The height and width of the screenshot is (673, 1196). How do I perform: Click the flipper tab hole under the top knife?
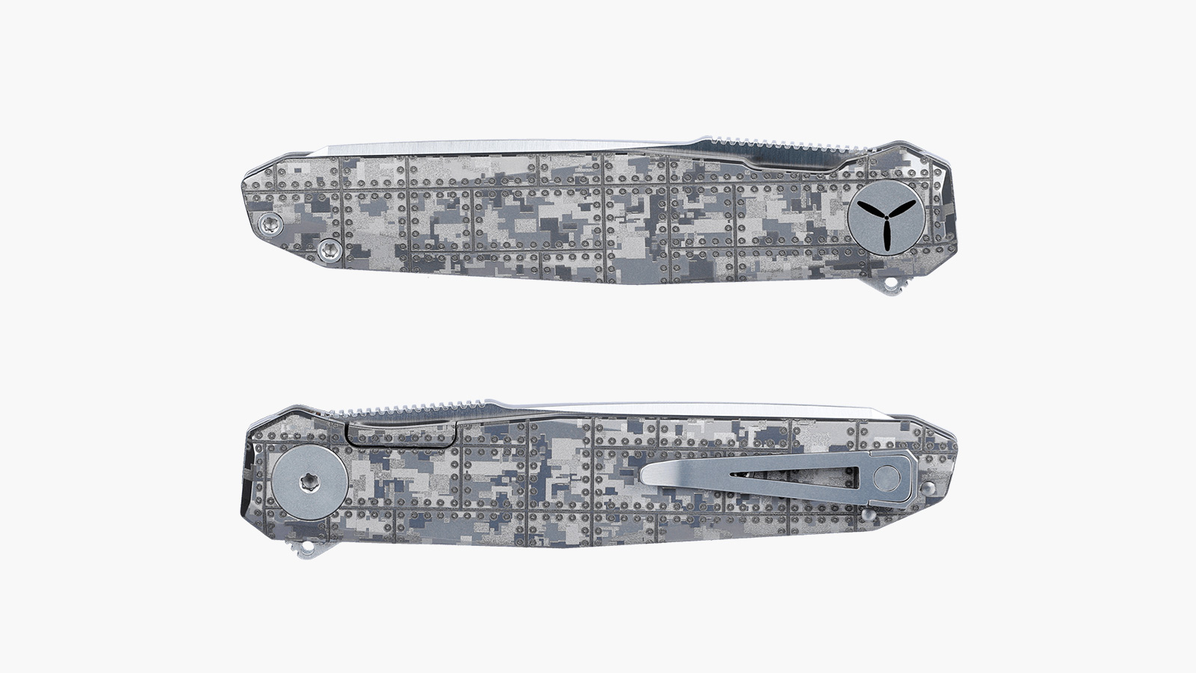(x=893, y=285)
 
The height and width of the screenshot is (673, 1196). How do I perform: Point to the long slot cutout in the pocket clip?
(x=792, y=476)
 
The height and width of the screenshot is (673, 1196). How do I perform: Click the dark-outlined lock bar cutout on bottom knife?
(x=402, y=437)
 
